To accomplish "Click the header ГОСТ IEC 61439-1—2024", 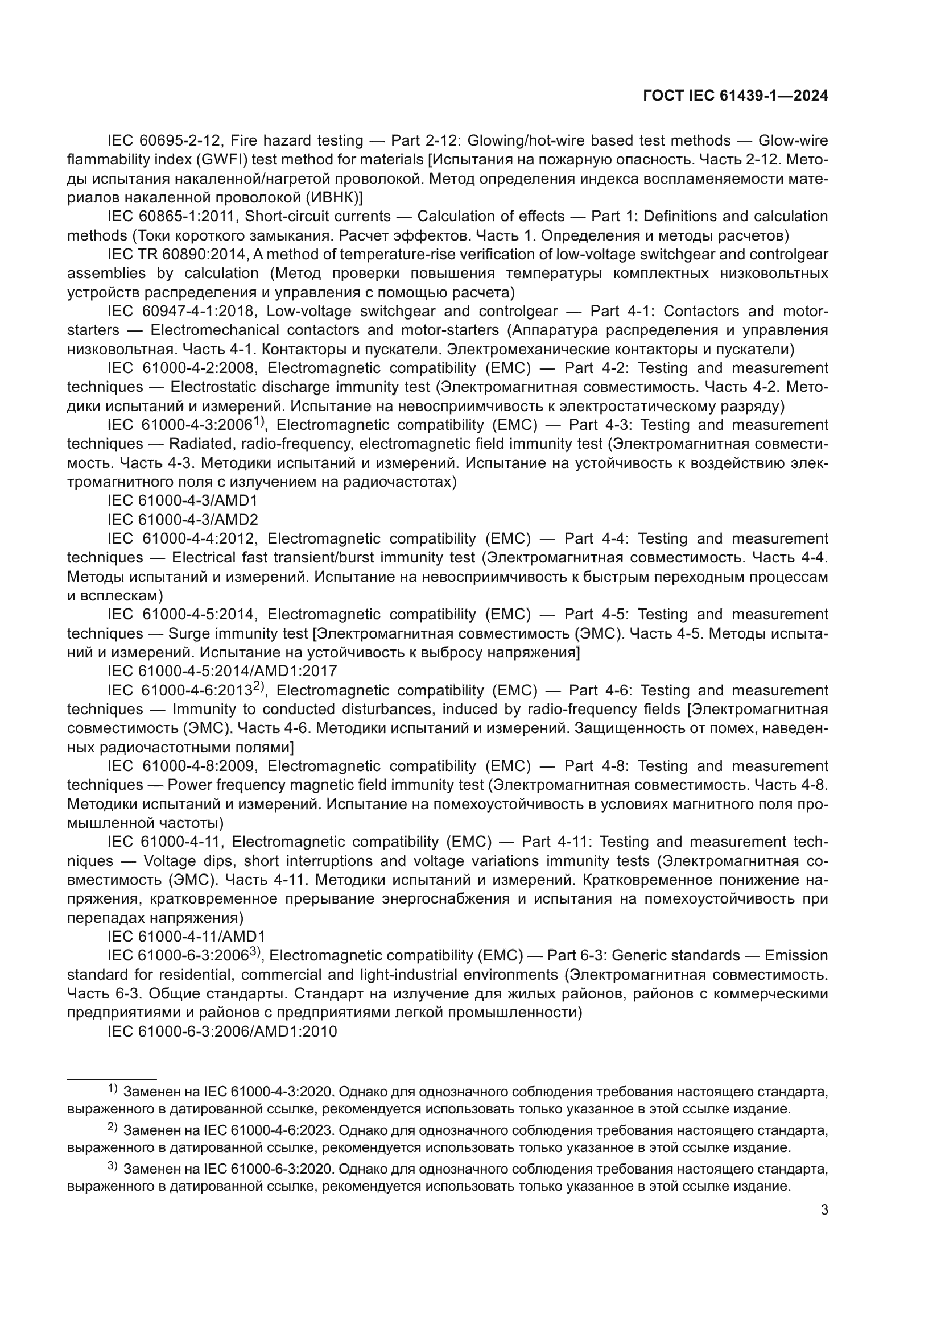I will point(735,96).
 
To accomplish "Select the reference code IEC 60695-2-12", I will point(165,141).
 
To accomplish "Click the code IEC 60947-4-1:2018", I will point(181,312).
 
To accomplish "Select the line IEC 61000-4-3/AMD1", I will point(183,500).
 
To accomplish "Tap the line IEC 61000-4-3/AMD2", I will point(183,520).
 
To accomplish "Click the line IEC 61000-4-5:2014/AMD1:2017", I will point(222,672).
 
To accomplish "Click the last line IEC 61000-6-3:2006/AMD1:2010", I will point(222,1031).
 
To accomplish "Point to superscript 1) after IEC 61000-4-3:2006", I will point(259,422).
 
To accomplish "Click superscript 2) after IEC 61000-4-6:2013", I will point(259,687).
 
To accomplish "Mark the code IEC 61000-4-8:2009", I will point(181,766).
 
